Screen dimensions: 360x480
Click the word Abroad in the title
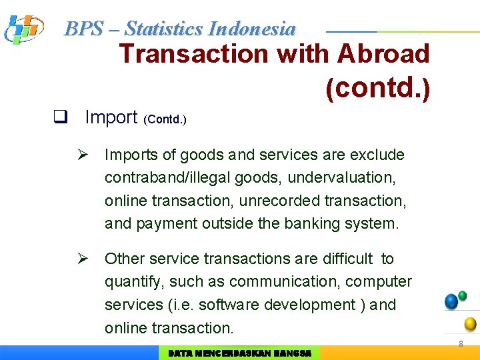tap(383, 53)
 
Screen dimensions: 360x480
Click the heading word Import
tap(111, 117)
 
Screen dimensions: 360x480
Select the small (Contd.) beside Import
tap(165, 120)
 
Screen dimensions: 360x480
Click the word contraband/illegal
tap(167, 178)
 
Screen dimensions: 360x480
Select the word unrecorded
tap(283, 201)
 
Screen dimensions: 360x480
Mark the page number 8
tap(460, 343)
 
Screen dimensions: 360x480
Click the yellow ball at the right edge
tap(470, 324)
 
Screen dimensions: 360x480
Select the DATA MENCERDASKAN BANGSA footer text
tap(239, 353)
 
